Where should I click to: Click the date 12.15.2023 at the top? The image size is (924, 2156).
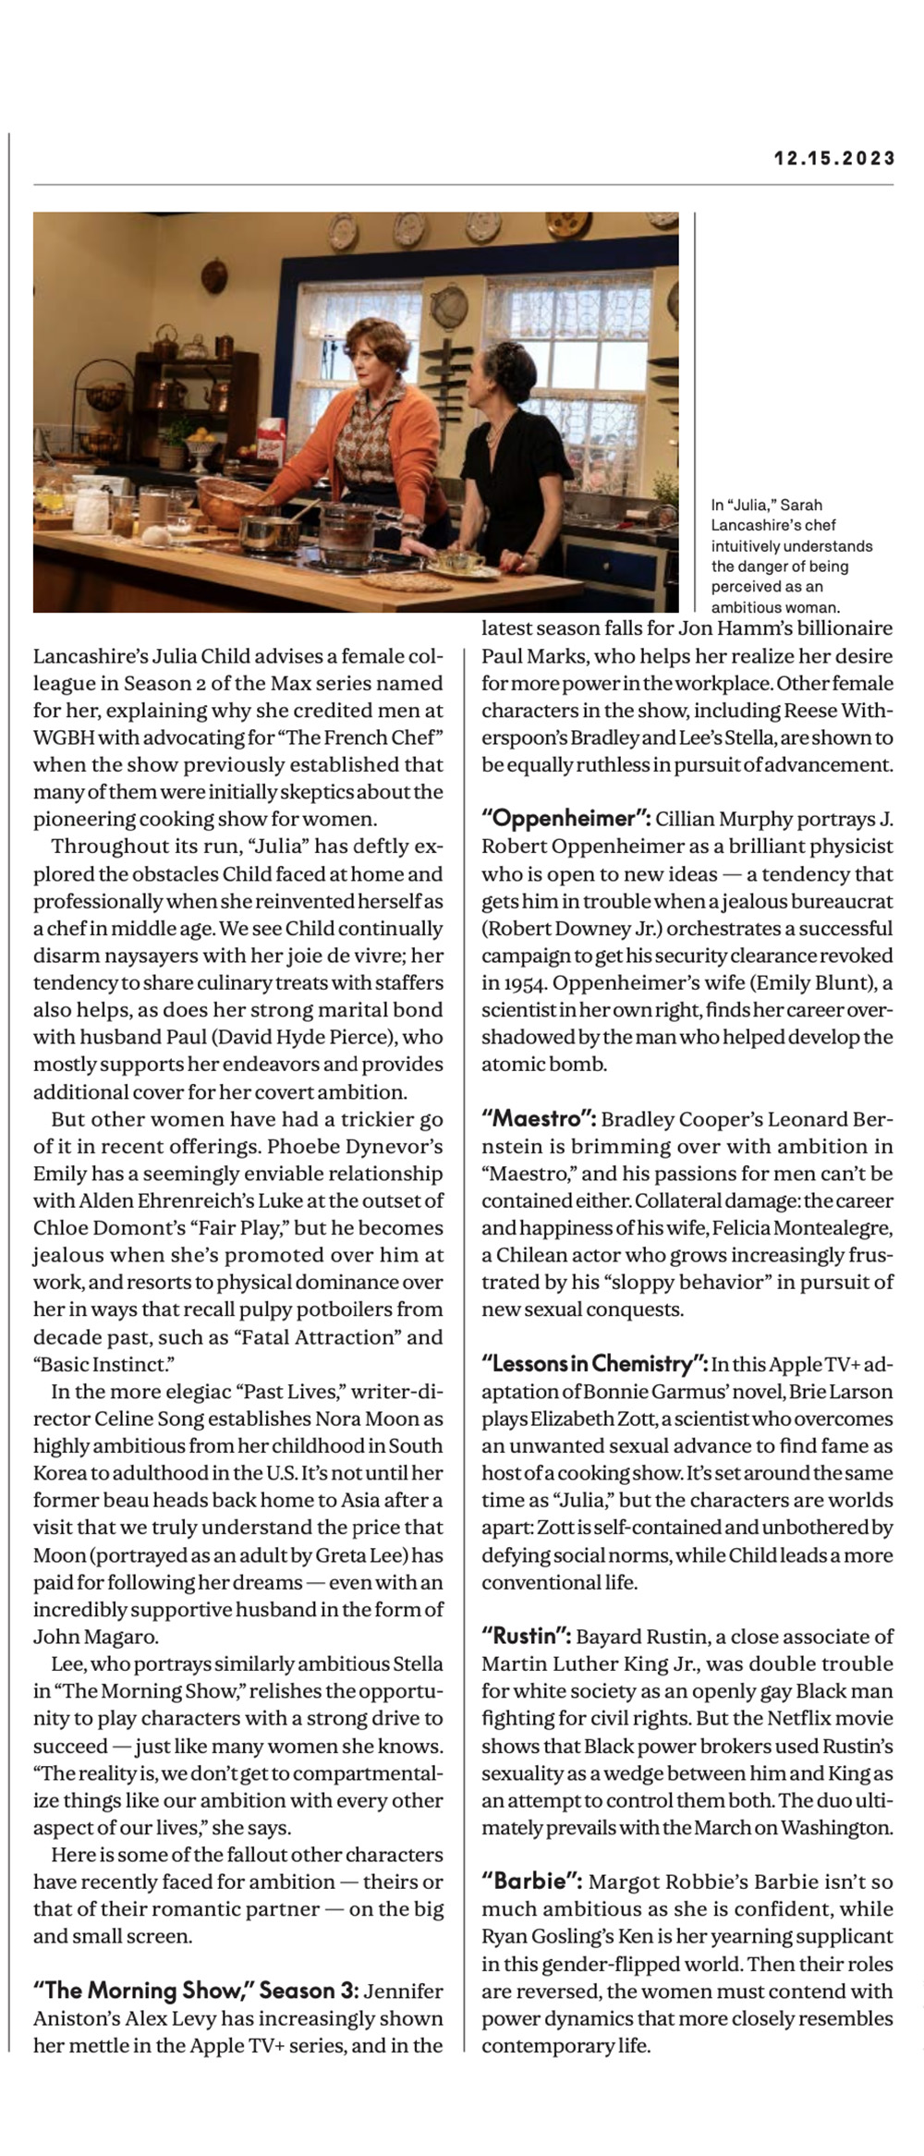(834, 158)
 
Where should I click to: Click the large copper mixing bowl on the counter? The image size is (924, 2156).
(227, 499)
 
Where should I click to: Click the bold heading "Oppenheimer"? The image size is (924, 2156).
(566, 819)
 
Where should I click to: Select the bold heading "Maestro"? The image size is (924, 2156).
(538, 1119)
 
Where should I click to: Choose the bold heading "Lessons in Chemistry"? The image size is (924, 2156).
(593, 1364)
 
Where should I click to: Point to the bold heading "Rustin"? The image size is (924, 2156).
(526, 1637)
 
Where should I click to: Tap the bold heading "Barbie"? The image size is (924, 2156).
(531, 1882)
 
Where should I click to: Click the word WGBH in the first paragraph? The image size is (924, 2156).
(65, 737)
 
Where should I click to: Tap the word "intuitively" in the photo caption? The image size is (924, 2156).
(748, 546)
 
